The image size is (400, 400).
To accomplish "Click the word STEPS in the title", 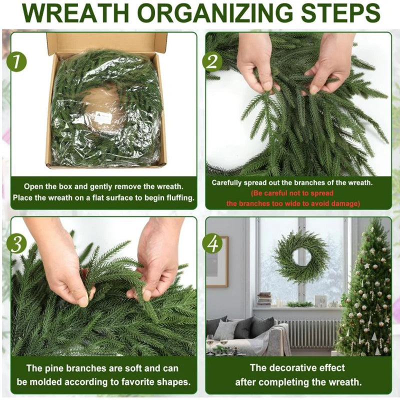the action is (x=340, y=13).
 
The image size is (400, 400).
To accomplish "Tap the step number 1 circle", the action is (x=16, y=61).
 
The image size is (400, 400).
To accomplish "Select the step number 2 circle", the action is (x=212, y=61).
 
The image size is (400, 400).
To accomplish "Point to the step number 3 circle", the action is (x=16, y=243).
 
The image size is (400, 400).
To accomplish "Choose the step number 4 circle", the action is (x=212, y=243).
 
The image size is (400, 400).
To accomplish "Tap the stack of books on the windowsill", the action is (x=264, y=299).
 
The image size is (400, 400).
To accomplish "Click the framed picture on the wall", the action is (x=217, y=261).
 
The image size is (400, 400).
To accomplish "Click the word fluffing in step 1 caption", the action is (x=180, y=197).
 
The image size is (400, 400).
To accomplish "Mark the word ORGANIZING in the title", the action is (x=215, y=13).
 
